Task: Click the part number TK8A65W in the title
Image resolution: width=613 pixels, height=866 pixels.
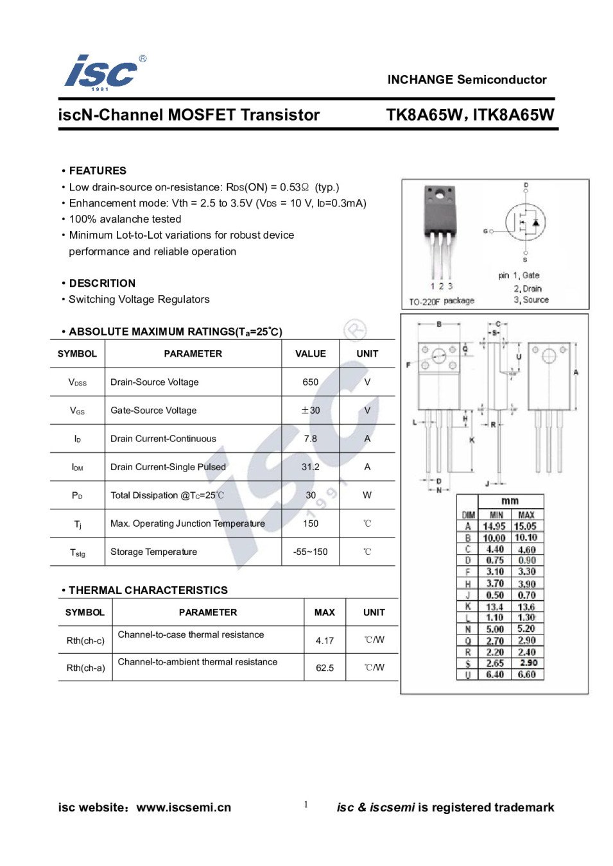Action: pos(424,115)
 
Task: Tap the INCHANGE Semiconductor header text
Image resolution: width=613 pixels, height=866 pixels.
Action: pos(467,80)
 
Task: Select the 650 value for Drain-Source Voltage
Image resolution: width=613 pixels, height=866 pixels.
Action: pos(310,382)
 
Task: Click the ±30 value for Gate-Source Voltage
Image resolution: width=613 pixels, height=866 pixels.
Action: pos(310,411)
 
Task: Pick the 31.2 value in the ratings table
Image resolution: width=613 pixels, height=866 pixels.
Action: pos(310,467)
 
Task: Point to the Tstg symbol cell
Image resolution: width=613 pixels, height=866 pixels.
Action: pos(77,552)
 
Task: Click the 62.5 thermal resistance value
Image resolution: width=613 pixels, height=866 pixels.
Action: pos(325,668)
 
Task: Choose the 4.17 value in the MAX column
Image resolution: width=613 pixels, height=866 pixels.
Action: pos(325,640)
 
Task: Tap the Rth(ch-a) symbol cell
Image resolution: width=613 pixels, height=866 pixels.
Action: pos(85,668)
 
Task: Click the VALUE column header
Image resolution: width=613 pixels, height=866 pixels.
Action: pos(310,353)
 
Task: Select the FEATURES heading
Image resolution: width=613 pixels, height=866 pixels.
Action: pos(98,171)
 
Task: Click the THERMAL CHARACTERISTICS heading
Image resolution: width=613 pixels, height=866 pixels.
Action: pos(148,590)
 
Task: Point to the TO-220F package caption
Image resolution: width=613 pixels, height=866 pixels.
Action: pos(442,301)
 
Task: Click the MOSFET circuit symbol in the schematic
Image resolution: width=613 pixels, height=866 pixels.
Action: pos(526,223)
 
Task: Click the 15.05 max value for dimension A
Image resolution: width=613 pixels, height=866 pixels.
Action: pos(526,527)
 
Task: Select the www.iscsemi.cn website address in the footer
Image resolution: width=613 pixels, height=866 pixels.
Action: pos(184,808)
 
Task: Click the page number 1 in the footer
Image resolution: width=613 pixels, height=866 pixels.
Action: pos(306,804)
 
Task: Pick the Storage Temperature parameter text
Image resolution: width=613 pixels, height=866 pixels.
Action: pos(153,552)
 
